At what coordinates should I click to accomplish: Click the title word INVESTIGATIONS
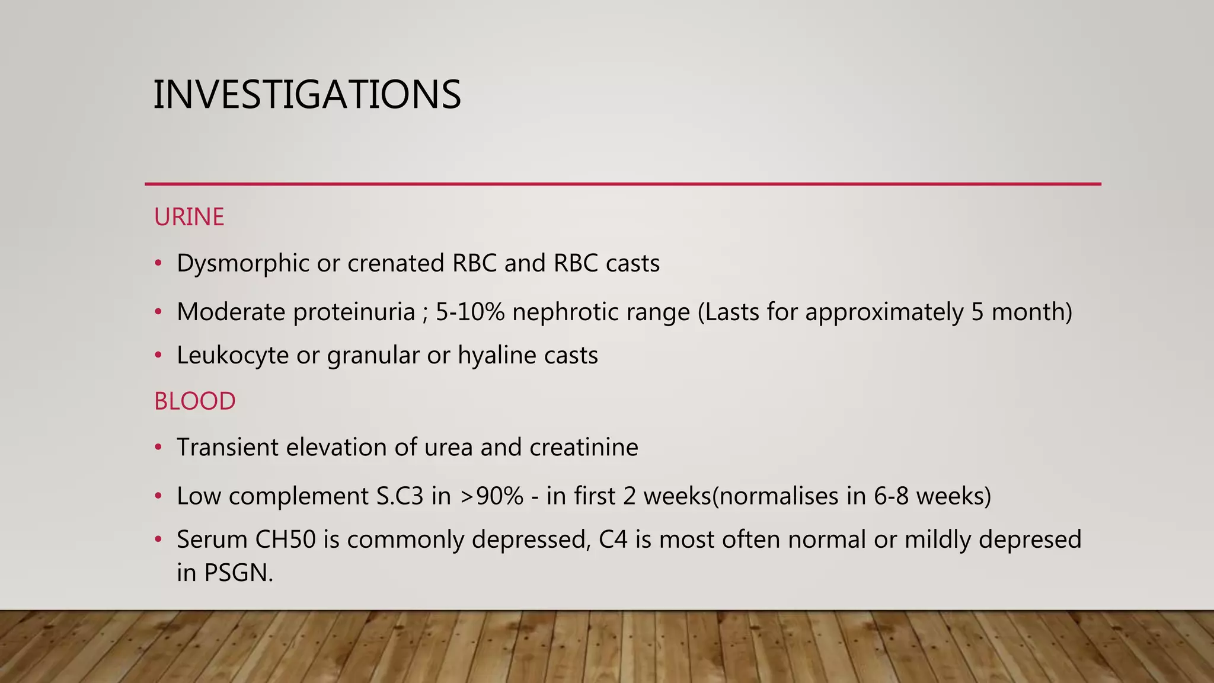[x=306, y=95]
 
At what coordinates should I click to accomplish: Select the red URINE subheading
[x=189, y=217]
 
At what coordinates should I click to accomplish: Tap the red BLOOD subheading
[x=194, y=401]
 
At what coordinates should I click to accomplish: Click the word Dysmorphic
[x=242, y=263]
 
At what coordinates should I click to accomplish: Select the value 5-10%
[x=470, y=312]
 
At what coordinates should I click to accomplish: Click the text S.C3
[x=400, y=496]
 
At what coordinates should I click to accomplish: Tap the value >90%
[x=491, y=496]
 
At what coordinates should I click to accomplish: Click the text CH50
[x=286, y=540]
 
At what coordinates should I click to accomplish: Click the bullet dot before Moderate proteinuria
[x=158, y=312]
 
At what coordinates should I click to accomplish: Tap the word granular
[x=373, y=355]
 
